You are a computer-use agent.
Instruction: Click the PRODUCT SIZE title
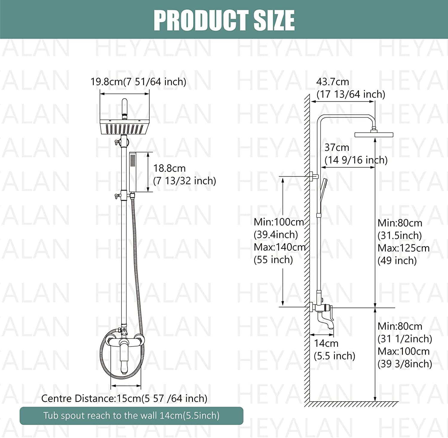pyautogui.click(x=224, y=20)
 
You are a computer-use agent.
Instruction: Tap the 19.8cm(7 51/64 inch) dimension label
pyautogui.click(x=138, y=82)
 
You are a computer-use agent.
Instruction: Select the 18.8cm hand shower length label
pyautogui.click(x=169, y=168)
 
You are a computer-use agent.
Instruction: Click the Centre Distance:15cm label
pyautogui.click(x=124, y=398)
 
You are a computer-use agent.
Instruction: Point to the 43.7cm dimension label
pyautogui.click(x=332, y=82)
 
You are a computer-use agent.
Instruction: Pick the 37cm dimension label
pyautogui.click(x=337, y=147)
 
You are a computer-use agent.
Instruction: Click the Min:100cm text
pyautogui.click(x=279, y=222)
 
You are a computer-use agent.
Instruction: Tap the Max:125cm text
pyautogui.click(x=403, y=248)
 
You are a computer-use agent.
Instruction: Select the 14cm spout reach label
pyautogui.click(x=326, y=343)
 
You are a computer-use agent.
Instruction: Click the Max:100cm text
pyautogui.click(x=403, y=351)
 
